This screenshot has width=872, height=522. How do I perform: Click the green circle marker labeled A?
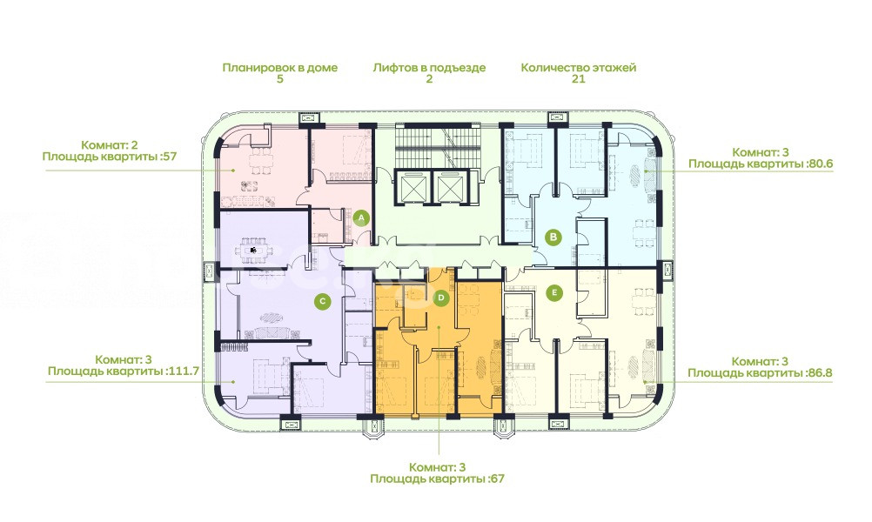361,217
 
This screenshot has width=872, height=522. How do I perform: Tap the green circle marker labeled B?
553,238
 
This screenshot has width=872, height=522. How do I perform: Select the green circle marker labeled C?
322,302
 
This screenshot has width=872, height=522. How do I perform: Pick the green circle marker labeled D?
441,298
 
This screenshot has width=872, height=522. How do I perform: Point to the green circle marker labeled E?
553,292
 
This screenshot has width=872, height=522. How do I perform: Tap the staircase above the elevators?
438,145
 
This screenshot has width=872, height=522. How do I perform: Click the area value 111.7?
183,371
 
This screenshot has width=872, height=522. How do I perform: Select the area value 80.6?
819,164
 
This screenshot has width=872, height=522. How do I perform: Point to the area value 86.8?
819,373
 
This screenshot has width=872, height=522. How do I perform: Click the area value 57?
170,157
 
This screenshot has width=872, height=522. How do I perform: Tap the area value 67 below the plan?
497,478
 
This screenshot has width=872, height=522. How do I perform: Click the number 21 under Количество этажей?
579,79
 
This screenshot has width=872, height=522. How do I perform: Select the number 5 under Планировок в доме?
279,79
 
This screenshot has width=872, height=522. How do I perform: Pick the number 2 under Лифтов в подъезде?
429,79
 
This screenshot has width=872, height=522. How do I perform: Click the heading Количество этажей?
579,68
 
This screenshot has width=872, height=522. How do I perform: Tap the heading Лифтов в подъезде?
429,68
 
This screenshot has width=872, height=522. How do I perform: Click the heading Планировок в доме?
279,68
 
